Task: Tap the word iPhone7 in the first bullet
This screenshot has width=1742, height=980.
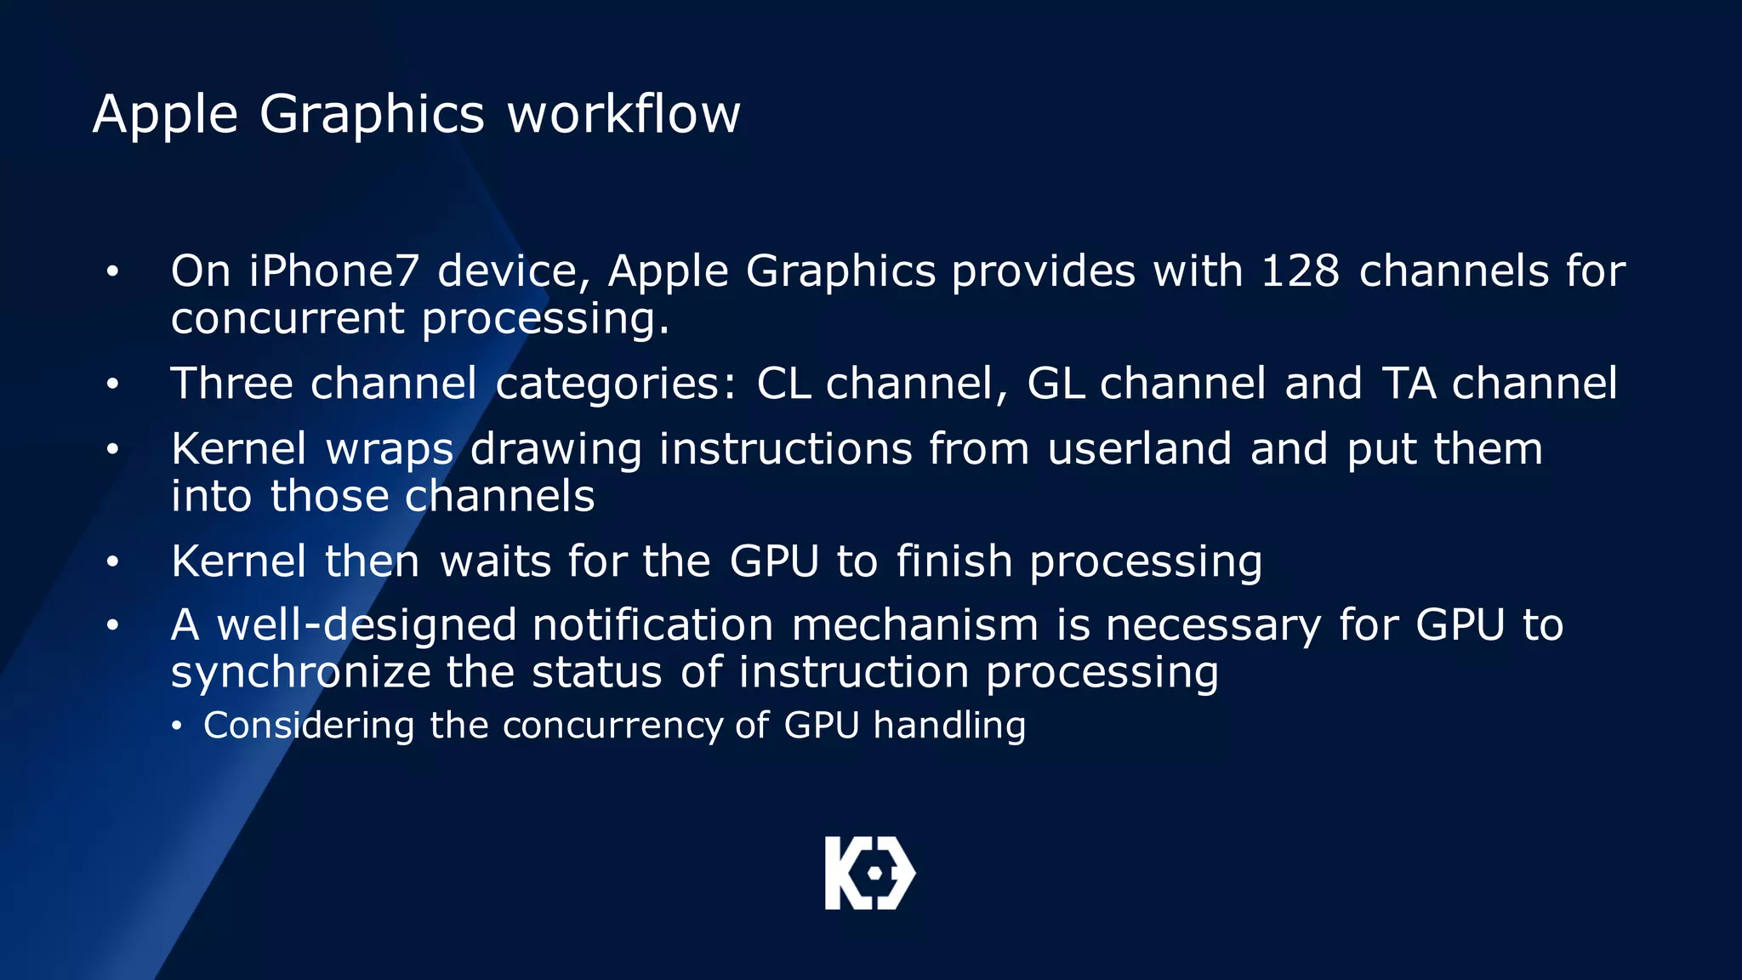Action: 333,271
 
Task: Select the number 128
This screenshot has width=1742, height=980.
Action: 1300,271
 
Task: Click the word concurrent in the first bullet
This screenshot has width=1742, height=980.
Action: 287,319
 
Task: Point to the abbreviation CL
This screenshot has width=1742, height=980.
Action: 783,384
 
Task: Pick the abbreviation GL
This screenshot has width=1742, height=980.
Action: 1055,384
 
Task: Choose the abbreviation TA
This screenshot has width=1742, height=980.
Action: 1409,384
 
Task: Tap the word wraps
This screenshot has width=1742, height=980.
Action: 389,450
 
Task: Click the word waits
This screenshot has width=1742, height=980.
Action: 495,561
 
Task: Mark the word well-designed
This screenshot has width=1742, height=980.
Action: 367,626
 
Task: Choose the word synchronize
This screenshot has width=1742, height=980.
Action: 300,673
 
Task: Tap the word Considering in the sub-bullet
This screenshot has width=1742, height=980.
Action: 308,726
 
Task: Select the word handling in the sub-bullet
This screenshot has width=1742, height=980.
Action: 949,726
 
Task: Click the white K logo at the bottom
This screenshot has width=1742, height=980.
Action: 869,873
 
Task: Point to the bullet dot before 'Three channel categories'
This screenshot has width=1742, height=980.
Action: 112,385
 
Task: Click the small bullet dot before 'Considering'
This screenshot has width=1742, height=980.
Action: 177,726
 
